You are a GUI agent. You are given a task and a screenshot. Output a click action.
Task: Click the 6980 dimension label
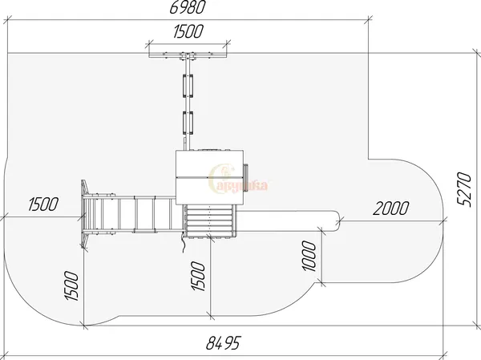click(x=187, y=7)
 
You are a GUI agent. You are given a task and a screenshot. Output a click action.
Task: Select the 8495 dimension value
click(x=224, y=342)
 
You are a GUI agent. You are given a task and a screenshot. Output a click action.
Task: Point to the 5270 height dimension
click(x=464, y=190)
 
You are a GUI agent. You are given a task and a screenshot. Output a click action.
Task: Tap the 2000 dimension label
click(x=391, y=208)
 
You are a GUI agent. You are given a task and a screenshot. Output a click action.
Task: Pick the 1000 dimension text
click(x=309, y=256)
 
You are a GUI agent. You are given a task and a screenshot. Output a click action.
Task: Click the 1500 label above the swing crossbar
click(x=188, y=31)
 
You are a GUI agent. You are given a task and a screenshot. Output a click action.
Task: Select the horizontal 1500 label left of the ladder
click(x=43, y=204)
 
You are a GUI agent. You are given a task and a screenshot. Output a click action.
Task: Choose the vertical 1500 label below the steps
click(x=198, y=276)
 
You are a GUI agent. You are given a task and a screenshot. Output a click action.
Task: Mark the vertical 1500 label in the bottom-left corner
click(x=71, y=285)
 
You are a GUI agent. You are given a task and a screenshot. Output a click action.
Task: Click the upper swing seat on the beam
click(x=188, y=86)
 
